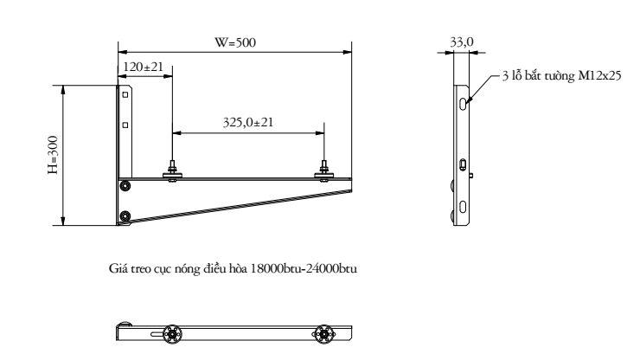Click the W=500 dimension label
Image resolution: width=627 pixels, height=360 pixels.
point(235,42)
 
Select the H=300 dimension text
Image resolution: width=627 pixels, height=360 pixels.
point(53,156)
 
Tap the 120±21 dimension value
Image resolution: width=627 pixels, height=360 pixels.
point(143,67)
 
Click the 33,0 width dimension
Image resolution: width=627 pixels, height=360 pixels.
point(464,40)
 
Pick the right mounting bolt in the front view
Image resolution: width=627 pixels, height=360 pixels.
point(324,171)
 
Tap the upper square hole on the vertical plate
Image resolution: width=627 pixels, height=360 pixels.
point(125,94)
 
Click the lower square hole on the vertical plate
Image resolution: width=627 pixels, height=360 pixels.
point(125,125)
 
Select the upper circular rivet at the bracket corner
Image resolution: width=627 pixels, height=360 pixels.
point(126,185)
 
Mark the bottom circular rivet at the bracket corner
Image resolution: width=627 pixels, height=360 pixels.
point(126,215)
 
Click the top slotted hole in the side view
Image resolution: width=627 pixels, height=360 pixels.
point(464,103)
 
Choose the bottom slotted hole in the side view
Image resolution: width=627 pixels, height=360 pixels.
point(464,206)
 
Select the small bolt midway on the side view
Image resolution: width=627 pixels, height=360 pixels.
point(464,164)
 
